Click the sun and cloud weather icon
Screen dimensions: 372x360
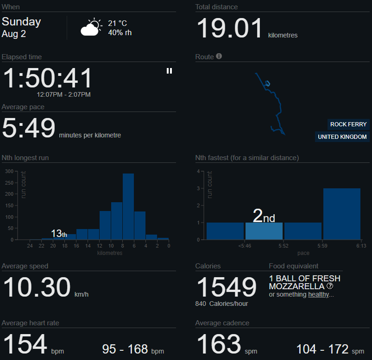91,27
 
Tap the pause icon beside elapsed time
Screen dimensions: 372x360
169,71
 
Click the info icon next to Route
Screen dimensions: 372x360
219,56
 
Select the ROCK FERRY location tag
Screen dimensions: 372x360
348,124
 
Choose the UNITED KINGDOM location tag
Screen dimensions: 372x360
342,137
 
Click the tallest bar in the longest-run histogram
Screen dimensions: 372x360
128,206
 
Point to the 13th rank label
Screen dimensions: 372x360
59,233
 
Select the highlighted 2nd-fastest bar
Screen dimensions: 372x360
264,231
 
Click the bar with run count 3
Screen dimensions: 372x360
341,214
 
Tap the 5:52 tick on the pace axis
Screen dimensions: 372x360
284,246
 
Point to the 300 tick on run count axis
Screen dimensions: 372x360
9,171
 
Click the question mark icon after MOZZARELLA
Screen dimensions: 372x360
330,286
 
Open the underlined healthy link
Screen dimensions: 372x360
318,294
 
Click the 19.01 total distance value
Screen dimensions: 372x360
230,28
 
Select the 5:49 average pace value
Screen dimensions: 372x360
28,128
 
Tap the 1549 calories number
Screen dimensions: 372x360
227,287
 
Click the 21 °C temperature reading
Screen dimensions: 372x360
117,23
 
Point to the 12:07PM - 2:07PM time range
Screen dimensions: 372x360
63,94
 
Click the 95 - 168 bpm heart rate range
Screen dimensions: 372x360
133,349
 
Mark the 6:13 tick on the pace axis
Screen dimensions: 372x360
361,246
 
